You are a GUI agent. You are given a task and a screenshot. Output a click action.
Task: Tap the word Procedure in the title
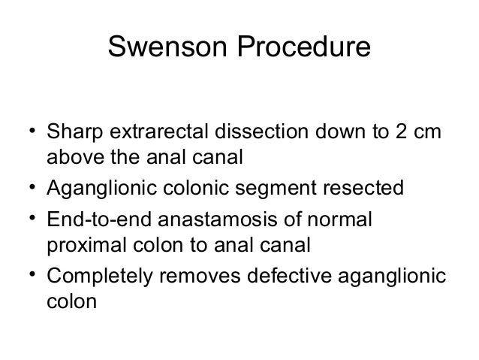pos(306,48)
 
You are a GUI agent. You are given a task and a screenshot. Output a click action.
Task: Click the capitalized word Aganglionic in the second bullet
pos(104,186)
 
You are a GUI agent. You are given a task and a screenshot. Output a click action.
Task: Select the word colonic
pos(206,186)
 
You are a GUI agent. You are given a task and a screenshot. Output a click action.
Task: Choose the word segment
pos(292,186)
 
